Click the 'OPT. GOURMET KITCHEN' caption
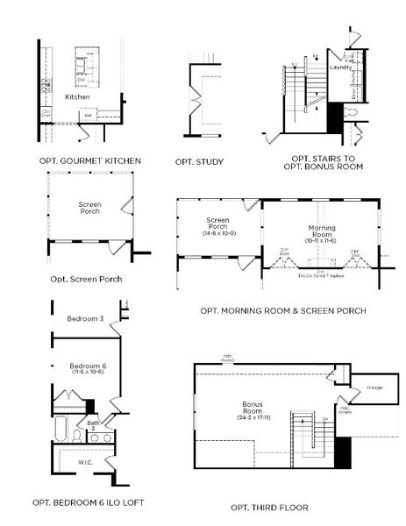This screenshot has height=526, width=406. pyautogui.click(x=90, y=161)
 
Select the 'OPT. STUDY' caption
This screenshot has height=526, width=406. pyautogui.click(x=200, y=161)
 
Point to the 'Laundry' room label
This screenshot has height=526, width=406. pyautogui.click(x=341, y=68)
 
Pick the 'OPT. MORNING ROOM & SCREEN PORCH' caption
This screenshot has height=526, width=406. pyautogui.click(x=282, y=310)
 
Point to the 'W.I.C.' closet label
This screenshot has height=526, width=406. pyautogui.click(x=84, y=463)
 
